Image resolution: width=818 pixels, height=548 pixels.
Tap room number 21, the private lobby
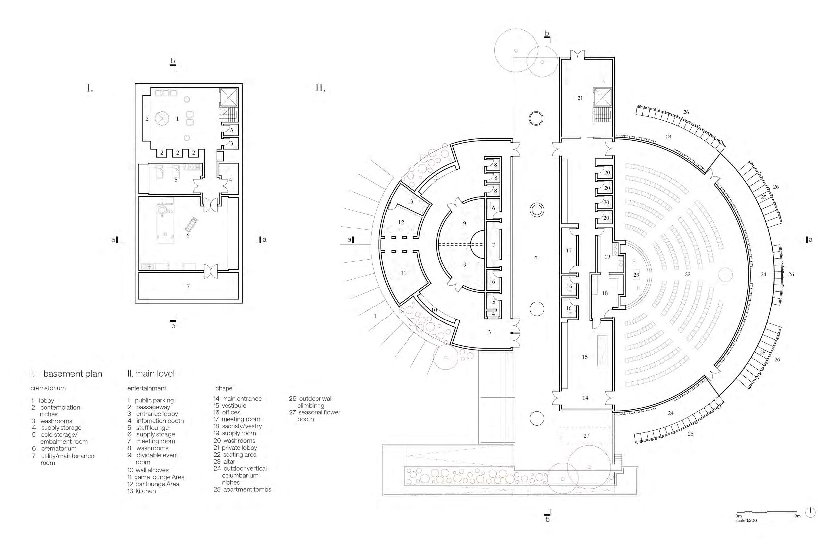[580, 98]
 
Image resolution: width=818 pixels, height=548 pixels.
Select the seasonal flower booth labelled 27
[586, 436]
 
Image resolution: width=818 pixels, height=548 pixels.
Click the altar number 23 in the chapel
[636, 275]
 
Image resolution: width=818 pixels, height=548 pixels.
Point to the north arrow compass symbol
[810, 513]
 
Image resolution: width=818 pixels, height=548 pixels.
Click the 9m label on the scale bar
[797, 516]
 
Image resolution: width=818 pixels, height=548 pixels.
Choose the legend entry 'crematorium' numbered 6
[59, 448]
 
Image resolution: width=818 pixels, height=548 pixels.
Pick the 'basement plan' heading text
[73, 374]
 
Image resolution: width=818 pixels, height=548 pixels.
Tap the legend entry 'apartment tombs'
[247, 489]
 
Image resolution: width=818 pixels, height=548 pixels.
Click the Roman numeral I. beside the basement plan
[90, 88]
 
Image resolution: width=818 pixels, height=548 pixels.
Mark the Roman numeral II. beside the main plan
[320, 88]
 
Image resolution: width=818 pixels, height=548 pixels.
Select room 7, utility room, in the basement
[188, 286]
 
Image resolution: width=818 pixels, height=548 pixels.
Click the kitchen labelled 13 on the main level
[410, 201]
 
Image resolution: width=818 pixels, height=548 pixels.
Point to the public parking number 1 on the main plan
[375, 316]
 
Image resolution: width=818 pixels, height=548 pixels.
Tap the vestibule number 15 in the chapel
[585, 357]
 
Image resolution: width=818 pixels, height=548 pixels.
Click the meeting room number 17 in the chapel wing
[569, 250]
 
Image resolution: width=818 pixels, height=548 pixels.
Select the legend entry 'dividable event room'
[157, 455]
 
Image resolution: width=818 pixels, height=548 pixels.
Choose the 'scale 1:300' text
[746, 521]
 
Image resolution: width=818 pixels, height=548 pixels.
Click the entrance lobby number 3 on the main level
[489, 332]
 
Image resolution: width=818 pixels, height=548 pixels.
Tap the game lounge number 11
[403, 273]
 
